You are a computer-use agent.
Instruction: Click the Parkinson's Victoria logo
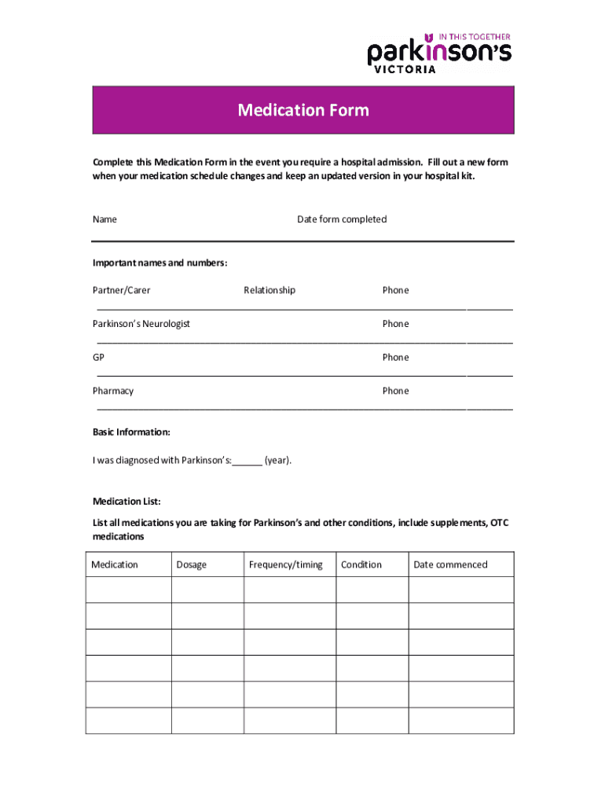point(439,53)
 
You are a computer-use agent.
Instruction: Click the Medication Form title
point(303,110)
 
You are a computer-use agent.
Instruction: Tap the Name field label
point(104,219)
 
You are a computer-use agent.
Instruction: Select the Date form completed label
point(342,219)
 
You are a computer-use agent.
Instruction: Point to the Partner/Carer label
point(122,290)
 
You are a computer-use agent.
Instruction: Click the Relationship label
point(269,290)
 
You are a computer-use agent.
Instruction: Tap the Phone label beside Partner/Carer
point(395,290)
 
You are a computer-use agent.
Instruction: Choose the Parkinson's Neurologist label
point(141,324)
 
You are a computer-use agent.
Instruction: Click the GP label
point(98,358)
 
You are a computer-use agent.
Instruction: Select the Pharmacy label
point(113,391)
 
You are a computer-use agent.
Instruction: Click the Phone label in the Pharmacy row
point(395,391)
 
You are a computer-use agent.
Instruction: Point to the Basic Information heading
point(131,432)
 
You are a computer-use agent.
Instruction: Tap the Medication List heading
point(126,502)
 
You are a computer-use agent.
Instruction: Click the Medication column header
point(115,564)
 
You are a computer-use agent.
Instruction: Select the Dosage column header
point(192,564)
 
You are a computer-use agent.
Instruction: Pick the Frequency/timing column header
point(285,564)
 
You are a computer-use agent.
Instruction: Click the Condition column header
point(361,564)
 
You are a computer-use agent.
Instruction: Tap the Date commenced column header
point(450,564)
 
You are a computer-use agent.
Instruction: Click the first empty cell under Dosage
point(207,590)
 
